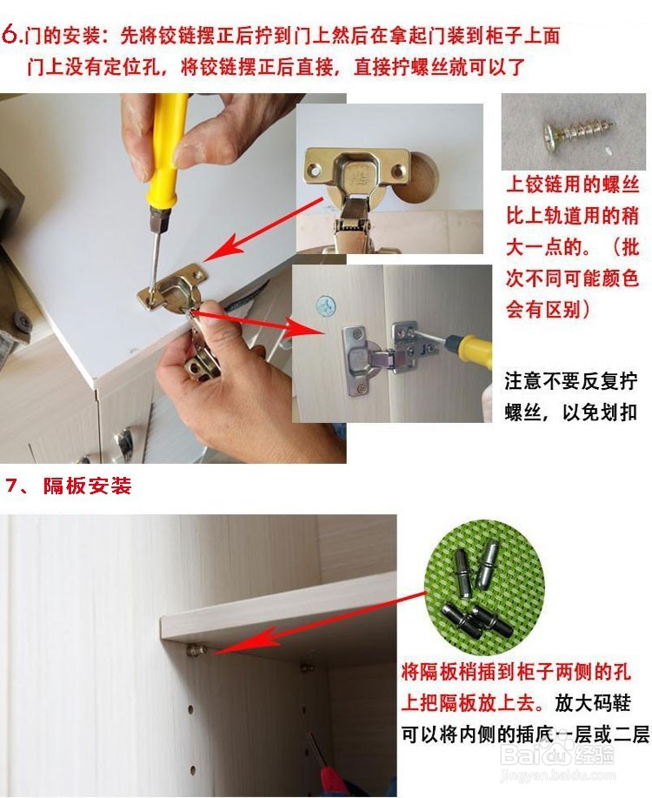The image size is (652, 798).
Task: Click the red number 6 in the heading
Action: [x=12, y=36]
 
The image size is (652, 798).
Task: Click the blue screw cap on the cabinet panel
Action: [x=325, y=305]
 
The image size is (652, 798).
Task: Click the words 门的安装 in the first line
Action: [x=58, y=37]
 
